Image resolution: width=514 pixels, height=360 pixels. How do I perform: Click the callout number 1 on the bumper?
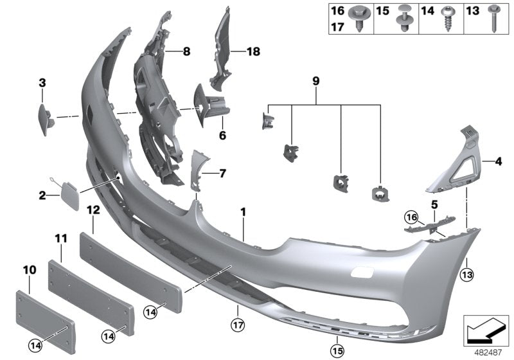[243, 212]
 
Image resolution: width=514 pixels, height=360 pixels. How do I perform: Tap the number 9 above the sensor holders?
[315, 82]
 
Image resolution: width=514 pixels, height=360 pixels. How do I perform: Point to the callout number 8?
[186, 51]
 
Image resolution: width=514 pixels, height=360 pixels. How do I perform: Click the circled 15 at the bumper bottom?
[337, 350]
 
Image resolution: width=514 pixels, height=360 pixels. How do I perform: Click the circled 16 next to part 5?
[412, 216]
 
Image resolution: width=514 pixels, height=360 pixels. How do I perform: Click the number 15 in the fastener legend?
[382, 11]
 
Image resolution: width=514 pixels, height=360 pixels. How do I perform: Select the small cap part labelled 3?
[43, 118]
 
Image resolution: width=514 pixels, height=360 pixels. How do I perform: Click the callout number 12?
[93, 210]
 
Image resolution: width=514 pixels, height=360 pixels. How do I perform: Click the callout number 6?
[222, 136]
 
